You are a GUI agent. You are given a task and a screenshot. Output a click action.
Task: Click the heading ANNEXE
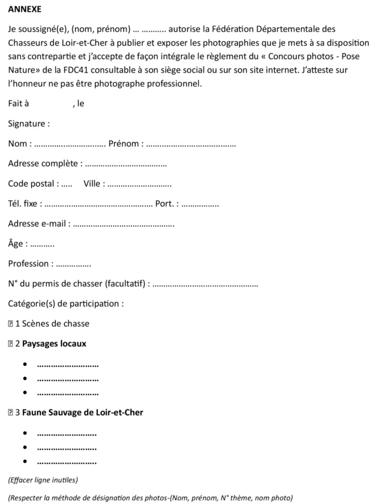(x=25, y=9)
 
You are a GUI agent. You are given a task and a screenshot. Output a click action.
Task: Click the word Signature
(x=27, y=124)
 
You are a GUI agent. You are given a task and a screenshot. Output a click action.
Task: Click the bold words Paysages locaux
(x=54, y=344)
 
